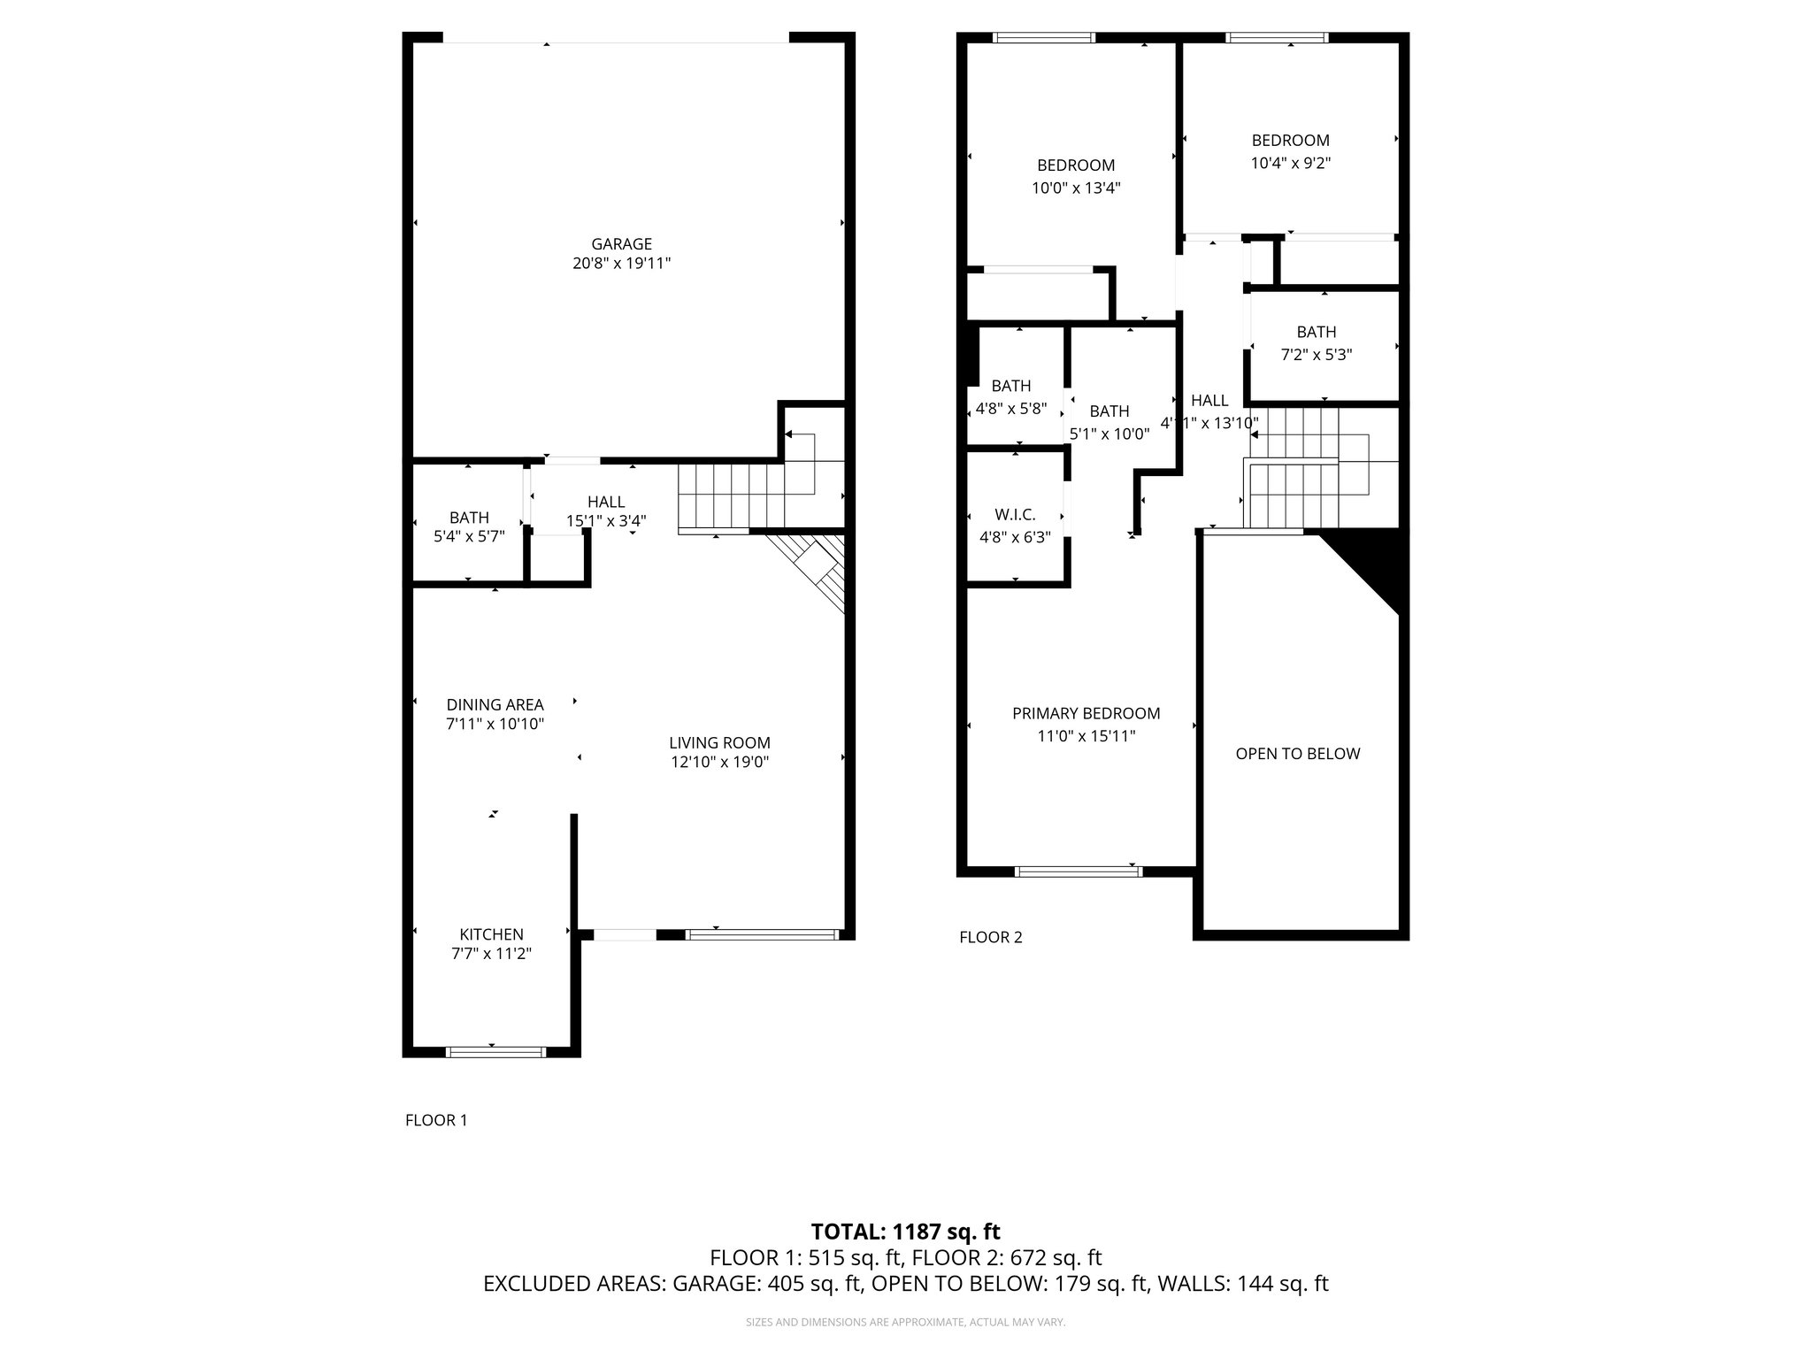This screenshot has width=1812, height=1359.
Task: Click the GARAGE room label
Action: click(x=621, y=244)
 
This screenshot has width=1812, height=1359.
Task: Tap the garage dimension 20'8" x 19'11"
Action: click(x=621, y=264)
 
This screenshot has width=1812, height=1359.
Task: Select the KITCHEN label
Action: click(x=491, y=934)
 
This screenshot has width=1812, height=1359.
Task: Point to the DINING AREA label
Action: click(x=495, y=705)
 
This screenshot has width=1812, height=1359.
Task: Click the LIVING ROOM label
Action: click(x=719, y=743)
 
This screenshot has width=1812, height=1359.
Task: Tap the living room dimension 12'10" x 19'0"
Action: click(x=719, y=763)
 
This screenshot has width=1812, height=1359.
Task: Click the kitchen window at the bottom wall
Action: click(x=495, y=1052)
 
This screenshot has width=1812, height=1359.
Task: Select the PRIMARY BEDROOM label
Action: click(x=1086, y=713)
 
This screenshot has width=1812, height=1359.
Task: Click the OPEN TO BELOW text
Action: click(x=1297, y=754)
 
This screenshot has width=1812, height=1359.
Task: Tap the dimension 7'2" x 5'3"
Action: click(x=1317, y=355)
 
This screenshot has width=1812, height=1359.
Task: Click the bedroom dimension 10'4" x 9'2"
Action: click(x=1290, y=163)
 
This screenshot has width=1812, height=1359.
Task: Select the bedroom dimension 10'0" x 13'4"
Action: click(x=1076, y=188)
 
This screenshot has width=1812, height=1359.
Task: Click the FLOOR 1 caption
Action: click(x=436, y=1120)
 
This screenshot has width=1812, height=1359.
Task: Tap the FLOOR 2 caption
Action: click(x=991, y=937)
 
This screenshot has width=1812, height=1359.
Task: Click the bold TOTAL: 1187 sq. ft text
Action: click(x=906, y=1232)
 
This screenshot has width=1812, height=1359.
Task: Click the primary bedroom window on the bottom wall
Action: click(x=1079, y=871)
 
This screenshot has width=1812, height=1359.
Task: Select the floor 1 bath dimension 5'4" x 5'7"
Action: click(x=469, y=536)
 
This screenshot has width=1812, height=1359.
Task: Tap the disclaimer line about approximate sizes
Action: click(x=906, y=1323)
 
